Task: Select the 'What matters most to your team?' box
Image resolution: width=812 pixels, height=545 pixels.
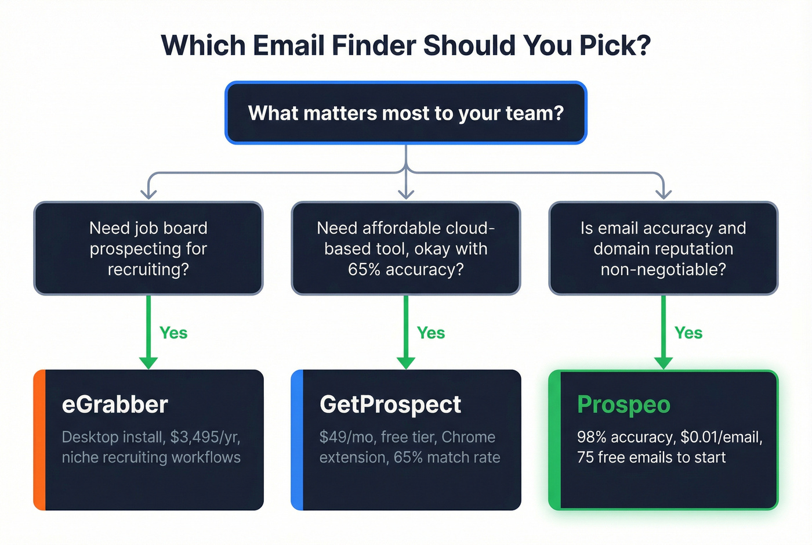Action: pos(406,113)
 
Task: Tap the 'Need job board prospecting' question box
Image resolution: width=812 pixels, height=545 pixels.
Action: pos(148,248)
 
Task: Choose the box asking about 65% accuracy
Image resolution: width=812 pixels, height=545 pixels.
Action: pos(406,248)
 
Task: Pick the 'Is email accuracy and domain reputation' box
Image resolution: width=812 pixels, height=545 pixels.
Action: pos(663,248)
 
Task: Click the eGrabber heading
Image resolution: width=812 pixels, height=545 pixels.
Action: pos(115,405)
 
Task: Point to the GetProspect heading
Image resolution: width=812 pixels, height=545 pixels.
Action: pos(390,405)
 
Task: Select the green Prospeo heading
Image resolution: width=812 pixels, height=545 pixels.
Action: pos(623,405)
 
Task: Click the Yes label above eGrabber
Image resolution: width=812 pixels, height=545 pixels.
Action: pos(173,333)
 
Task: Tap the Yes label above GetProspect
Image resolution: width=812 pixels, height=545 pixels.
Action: pos(431,333)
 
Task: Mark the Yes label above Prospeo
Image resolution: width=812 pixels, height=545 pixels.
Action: pos(688,333)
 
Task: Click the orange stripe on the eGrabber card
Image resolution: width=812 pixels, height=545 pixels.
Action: pos(39,440)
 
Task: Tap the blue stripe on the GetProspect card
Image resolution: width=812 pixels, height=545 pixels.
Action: pos(296,440)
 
